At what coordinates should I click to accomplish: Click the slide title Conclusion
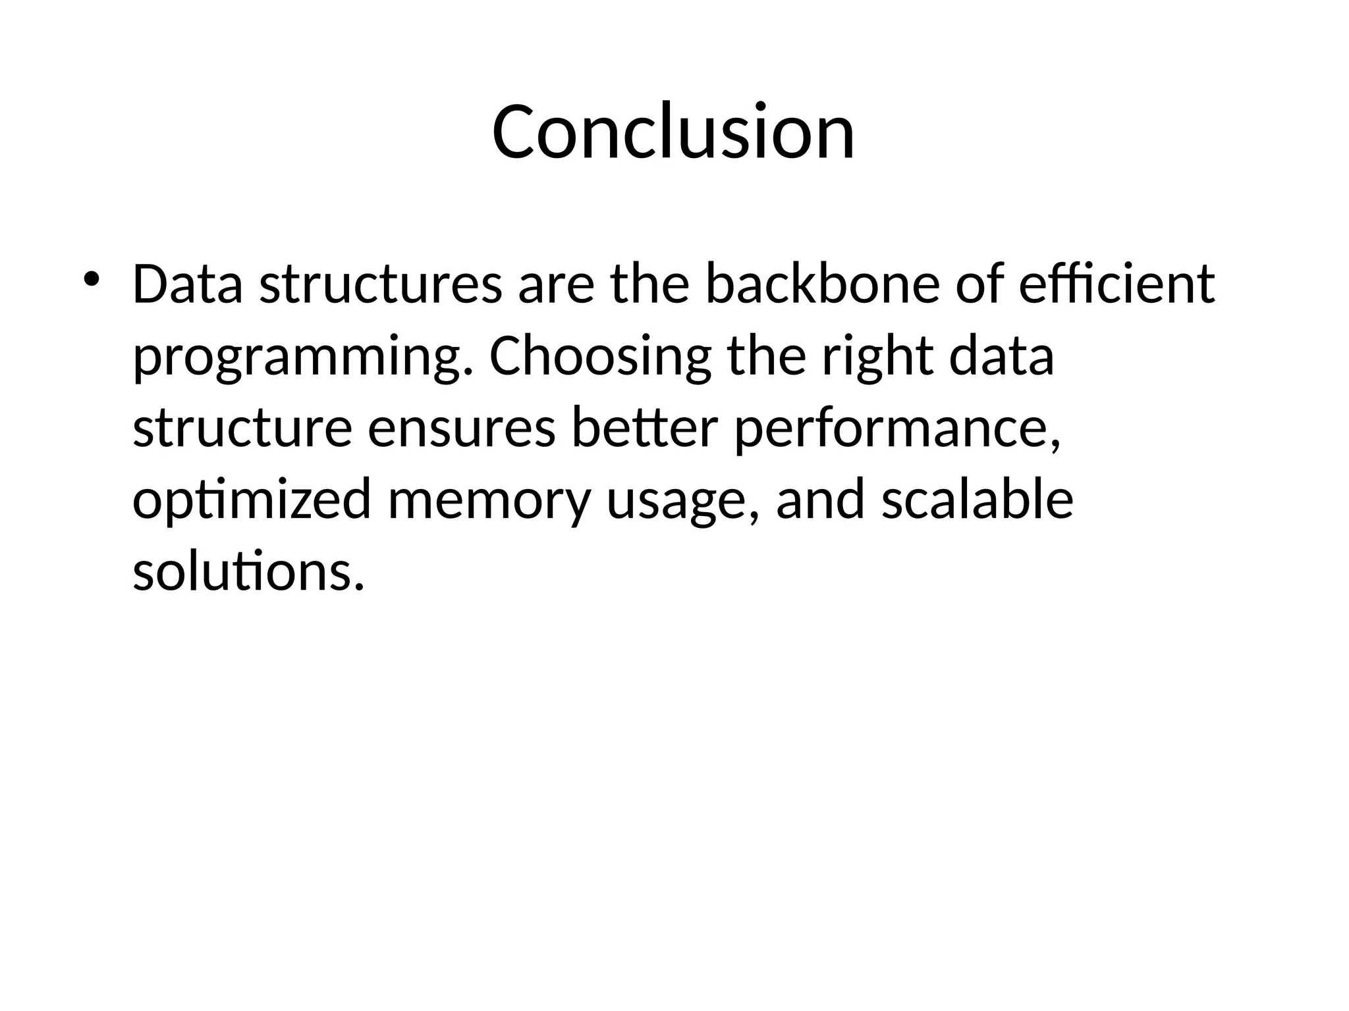(x=673, y=132)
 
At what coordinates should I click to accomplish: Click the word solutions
(x=248, y=571)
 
